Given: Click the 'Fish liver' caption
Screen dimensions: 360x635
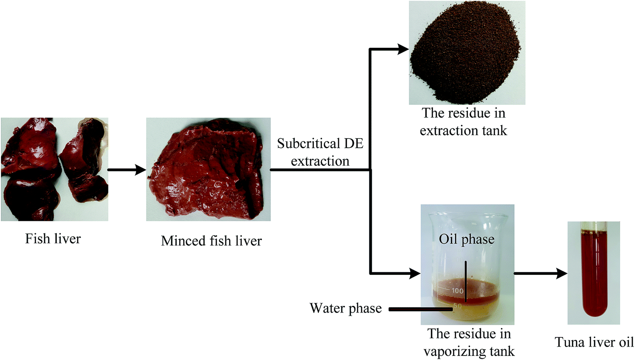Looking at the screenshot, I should [x=53, y=238].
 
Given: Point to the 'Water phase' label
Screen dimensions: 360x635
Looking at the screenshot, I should [x=346, y=309].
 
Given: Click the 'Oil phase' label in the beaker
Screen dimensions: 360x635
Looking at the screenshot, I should [x=466, y=239].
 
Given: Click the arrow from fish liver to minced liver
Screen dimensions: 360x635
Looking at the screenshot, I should [x=127, y=170].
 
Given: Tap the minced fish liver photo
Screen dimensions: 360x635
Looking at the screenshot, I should [x=208, y=169].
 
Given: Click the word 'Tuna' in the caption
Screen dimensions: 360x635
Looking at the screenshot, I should [x=568, y=343].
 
